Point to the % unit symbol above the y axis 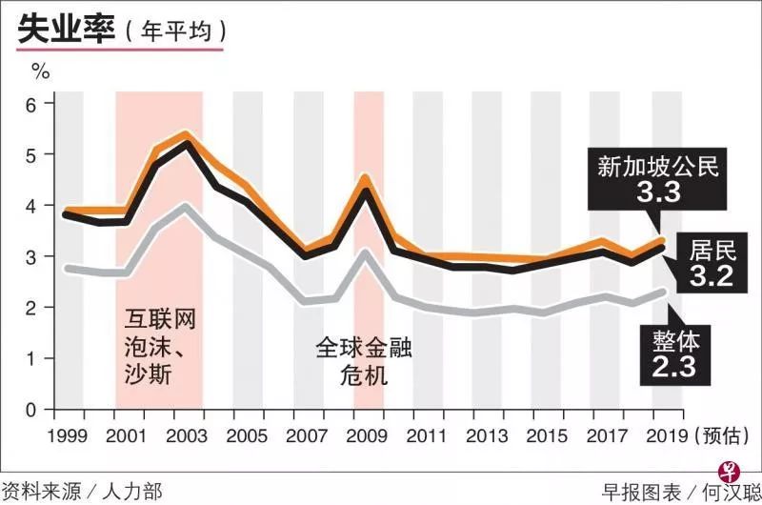click(40, 70)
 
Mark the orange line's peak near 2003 click(187, 134)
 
